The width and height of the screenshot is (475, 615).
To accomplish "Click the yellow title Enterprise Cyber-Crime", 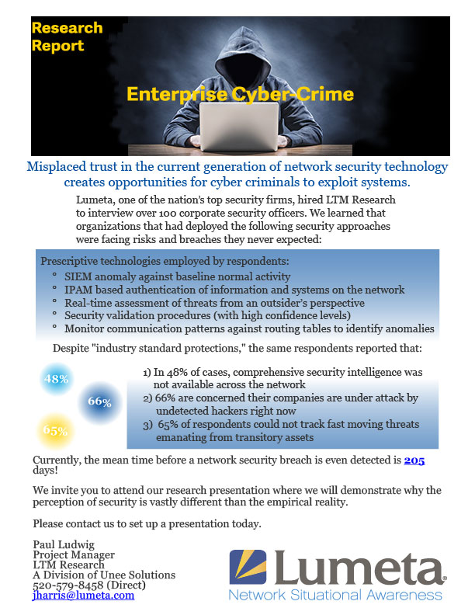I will click(x=240, y=95).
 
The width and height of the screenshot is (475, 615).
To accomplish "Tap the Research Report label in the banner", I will click(x=67, y=36).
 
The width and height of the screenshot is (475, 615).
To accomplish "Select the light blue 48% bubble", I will click(x=57, y=379).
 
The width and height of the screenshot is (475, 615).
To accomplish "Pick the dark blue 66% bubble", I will click(x=100, y=401).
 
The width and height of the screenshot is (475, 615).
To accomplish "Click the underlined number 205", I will click(x=414, y=460).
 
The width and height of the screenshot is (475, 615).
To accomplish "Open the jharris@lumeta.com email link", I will click(x=83, y=595).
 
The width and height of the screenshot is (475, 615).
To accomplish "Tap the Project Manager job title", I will click(x=74, y=554).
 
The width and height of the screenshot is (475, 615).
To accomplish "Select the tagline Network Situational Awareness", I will click(x=335, y=595).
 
